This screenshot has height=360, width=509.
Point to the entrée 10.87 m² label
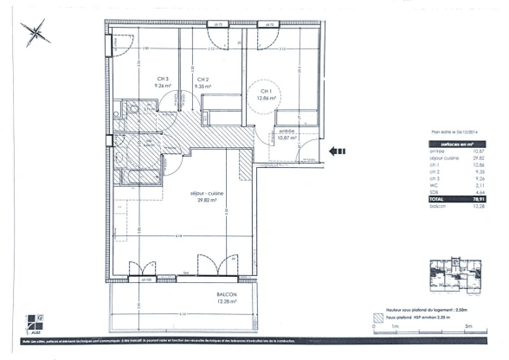[x=287, y=133]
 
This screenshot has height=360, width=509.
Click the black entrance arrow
[x=338, y=151]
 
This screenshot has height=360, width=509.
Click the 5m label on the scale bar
[x=467, y=326]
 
